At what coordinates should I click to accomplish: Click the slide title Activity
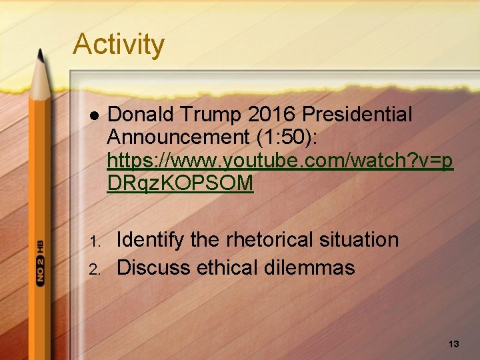[118, 45]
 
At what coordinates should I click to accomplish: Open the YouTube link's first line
[280, 161]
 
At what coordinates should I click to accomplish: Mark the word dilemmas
[315, 268]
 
